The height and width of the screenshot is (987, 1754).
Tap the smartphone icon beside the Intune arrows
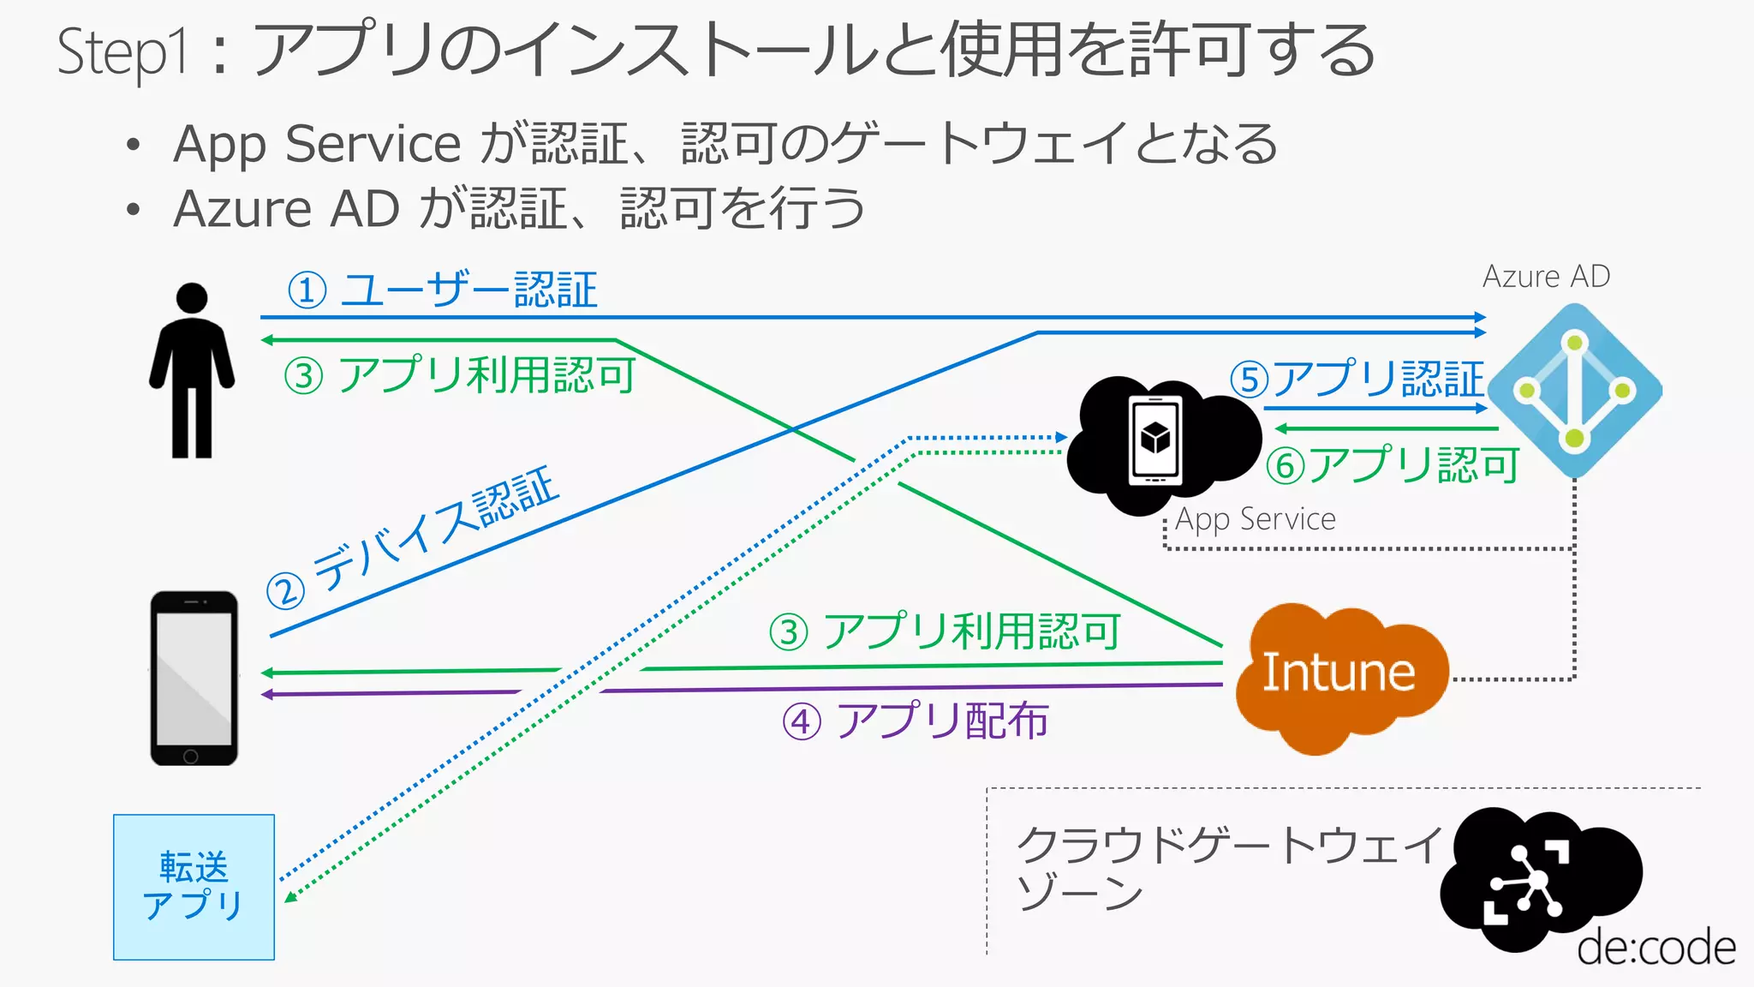point(194,678)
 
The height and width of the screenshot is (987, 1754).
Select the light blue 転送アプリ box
point(194,887)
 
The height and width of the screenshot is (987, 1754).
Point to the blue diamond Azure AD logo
point(1574,391)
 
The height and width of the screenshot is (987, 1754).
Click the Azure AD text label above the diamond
point(1546,277)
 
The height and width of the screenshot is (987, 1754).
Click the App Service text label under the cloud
point(1255,519)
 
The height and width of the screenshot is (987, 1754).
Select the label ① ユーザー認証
point(443,290)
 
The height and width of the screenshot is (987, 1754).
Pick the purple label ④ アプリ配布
point(916,721)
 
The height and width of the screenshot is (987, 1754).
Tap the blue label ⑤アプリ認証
point(1357,379)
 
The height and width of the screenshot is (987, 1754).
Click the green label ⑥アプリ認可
point(1393,465)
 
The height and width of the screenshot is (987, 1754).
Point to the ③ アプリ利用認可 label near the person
point(460,375)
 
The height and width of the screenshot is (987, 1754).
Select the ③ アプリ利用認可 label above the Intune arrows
point(945,632)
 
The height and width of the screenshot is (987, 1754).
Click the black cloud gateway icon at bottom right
point(1533,878)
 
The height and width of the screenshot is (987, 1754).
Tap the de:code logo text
point(1656,948)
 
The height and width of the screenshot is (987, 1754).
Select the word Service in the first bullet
point(373,143)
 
